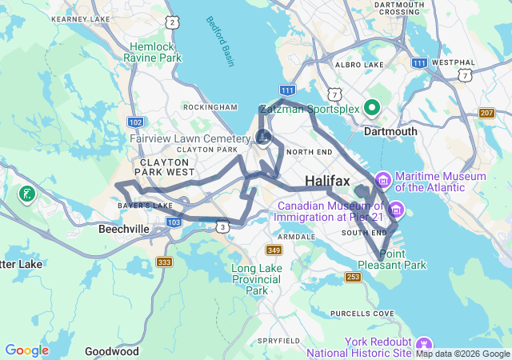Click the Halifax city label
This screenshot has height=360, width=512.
click(x=327, y=182)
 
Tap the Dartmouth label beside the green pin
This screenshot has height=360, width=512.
click(x=391, y=131)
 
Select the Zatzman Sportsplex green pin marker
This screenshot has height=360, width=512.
click(x=372, y=106)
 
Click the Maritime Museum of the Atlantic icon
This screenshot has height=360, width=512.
click(x=382, y=177)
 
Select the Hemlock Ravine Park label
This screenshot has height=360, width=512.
click(x=155, y=52)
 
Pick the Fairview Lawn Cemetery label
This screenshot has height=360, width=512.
click(x=190, y=138)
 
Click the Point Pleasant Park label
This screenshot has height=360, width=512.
click(x=402, y=259)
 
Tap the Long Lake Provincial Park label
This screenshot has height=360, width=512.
click(x=257, y=279)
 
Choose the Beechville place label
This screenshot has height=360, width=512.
click(x=124, y=229)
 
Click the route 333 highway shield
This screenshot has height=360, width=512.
click(x=165, y=262)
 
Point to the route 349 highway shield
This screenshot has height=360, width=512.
click(x=274, y=251)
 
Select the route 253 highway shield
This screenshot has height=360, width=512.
click(x=353, y=277)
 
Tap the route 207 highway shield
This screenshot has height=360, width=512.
click(x=486, y=113)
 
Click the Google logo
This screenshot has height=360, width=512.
click(x=26, y=350)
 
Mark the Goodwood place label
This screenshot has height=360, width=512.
click(x=112, y=351)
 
